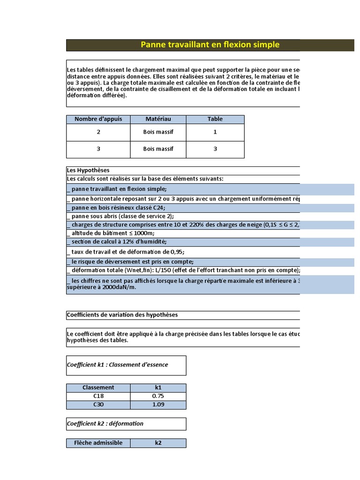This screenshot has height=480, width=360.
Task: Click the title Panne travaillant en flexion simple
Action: pos(210,45)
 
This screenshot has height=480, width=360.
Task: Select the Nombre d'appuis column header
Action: pos(98,119)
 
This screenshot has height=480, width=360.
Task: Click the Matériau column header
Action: pos(158,119)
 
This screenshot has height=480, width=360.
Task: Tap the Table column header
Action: pos(215,119)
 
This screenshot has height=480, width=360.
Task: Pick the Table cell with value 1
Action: pos(215,132)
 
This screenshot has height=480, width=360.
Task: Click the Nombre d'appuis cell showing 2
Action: pos(98,132)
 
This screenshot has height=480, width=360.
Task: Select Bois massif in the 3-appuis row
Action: pos(158,149)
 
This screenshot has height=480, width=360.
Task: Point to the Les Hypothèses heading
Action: pos(88,171)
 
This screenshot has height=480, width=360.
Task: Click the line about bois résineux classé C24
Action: pos(117,208)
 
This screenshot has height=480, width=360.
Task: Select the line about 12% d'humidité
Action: pos(117,242)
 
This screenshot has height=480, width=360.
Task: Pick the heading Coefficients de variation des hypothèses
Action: pos(122,315)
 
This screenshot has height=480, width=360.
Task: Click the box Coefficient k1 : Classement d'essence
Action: pos(126,365)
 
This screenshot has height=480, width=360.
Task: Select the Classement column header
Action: pos(98,388)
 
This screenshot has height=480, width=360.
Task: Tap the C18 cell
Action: pos(98,396)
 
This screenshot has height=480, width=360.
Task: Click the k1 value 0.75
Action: pos(158,396)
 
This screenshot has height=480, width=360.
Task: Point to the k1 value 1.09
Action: pos(158,405)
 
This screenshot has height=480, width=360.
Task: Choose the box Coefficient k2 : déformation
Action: pos(126,424)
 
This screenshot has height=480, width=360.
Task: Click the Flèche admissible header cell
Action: pos(98,443)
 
